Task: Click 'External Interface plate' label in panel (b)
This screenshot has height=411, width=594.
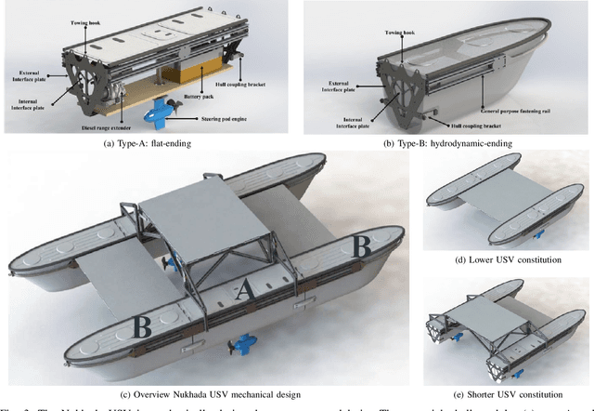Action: tap(341, 66)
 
